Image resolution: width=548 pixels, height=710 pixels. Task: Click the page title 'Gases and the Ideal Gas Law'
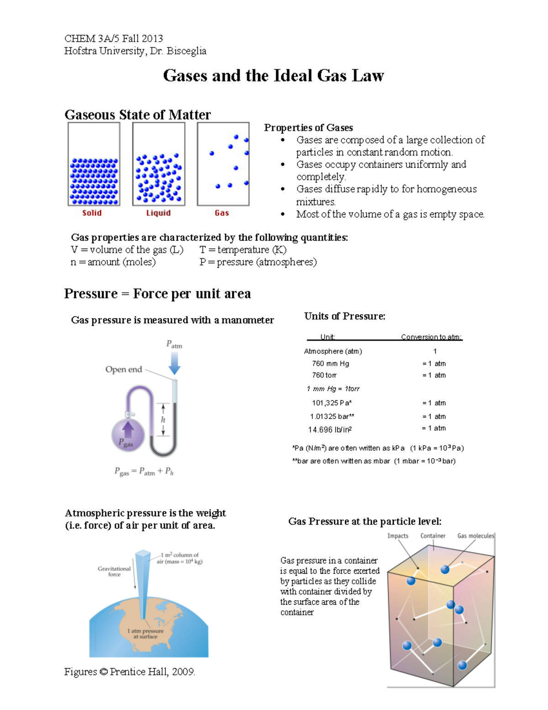[273, 75]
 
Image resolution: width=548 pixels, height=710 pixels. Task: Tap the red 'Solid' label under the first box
[92, 213]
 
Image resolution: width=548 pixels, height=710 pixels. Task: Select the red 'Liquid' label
[158, 213]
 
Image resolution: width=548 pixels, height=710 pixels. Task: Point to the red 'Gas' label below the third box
[221, 213]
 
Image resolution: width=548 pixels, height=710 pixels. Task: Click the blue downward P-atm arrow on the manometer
[174, 363]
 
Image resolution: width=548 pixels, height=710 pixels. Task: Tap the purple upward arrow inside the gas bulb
[128, 429]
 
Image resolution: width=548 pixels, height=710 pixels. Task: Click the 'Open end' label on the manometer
[124, 369]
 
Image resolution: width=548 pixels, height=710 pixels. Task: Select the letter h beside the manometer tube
[163, 420]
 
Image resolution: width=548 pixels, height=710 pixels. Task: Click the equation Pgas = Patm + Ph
[144, 471]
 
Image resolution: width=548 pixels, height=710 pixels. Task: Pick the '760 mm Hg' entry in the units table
[330, 363]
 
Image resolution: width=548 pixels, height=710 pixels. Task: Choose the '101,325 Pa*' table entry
[332, 403]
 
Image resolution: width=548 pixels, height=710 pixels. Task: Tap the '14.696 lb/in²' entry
[330, 430]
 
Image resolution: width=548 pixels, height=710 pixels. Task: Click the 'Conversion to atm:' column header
[432, 337]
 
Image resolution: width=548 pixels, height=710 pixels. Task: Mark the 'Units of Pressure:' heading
[345, 316]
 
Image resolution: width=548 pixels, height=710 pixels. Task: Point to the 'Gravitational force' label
[114, 571]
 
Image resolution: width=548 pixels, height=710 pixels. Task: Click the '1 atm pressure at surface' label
[145, 633]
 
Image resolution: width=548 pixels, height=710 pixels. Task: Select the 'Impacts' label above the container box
[398, 536]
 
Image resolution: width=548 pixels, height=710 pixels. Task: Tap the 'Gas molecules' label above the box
[475, 536]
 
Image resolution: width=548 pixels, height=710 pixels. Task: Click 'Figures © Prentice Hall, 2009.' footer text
[130, 672]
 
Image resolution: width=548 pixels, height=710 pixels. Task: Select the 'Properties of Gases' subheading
[308, 128]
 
